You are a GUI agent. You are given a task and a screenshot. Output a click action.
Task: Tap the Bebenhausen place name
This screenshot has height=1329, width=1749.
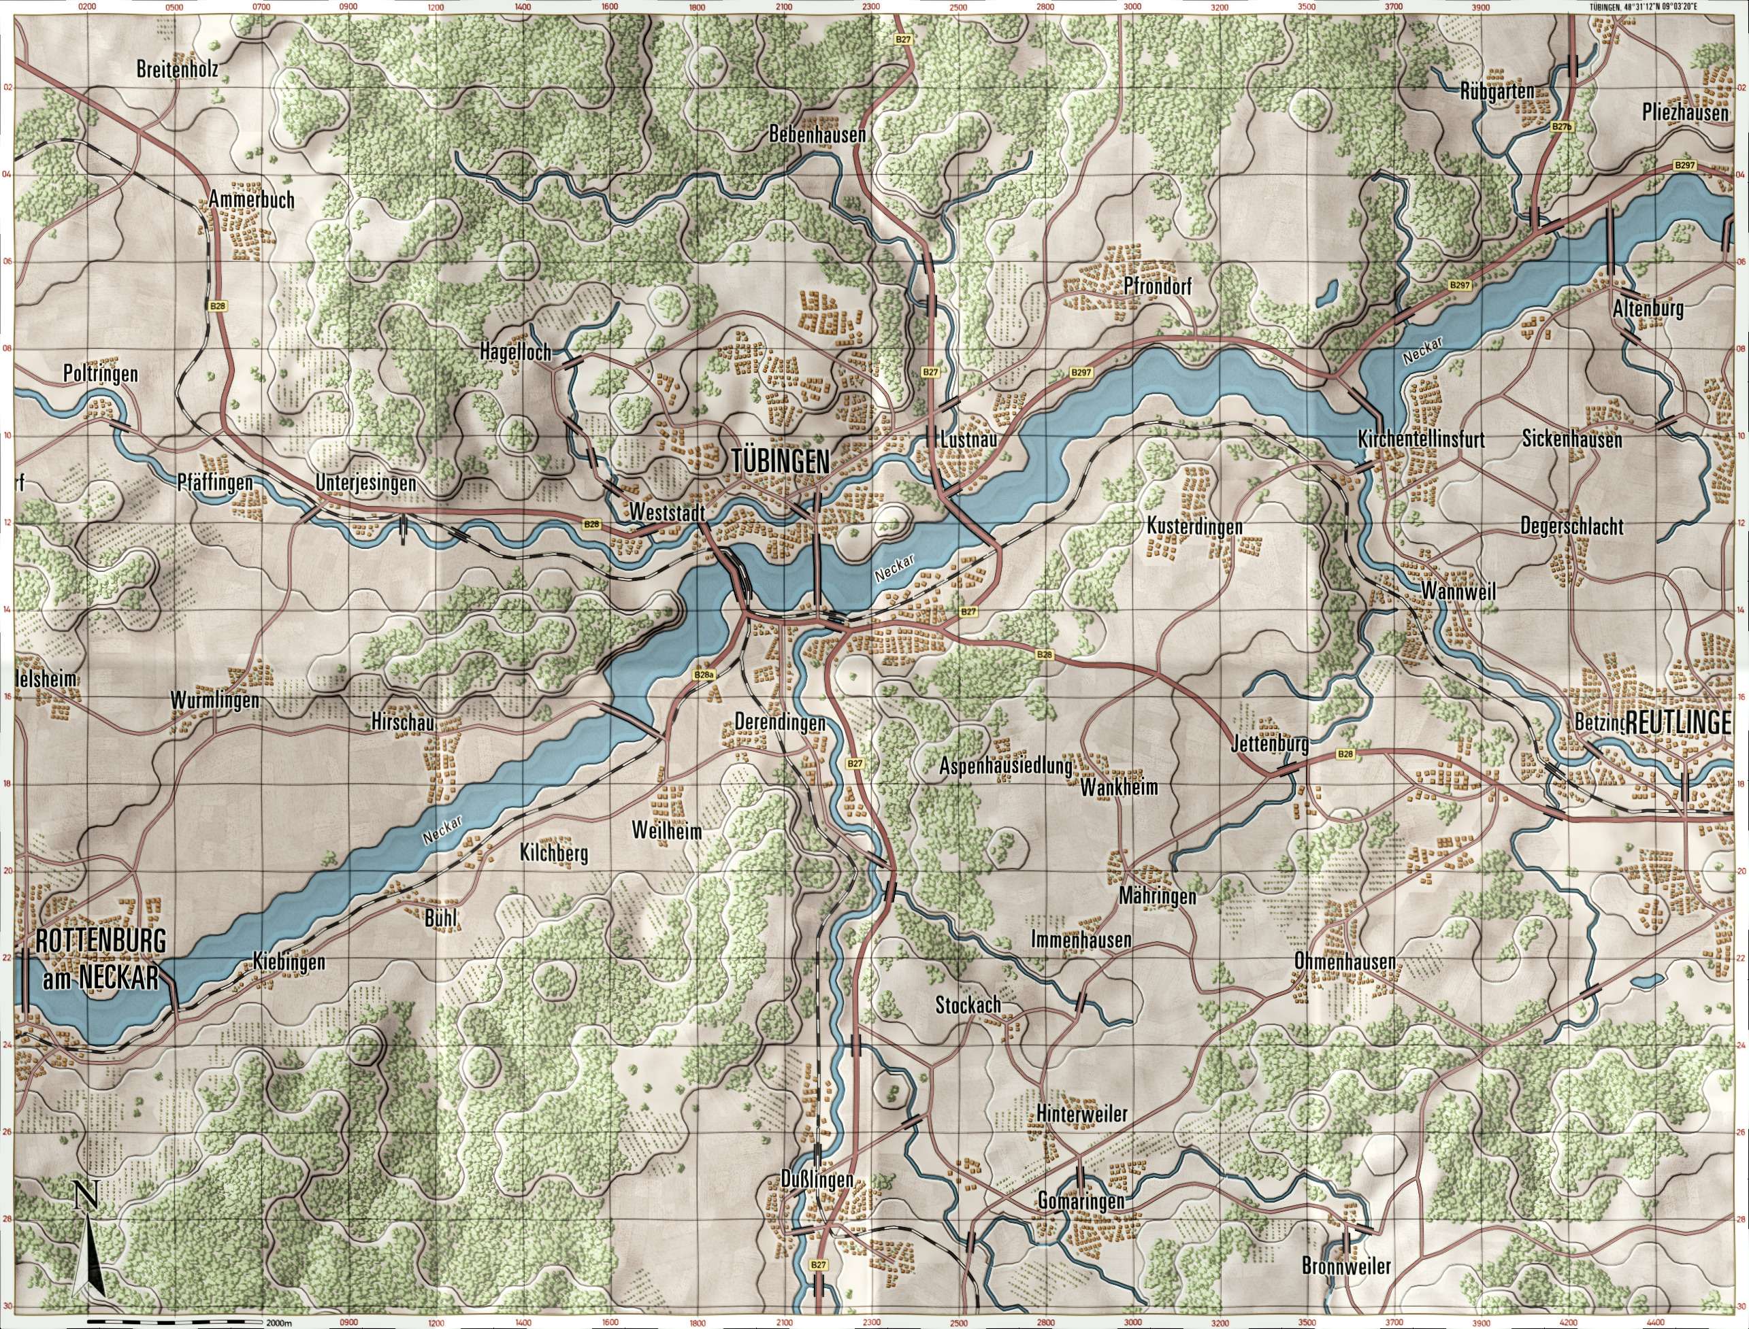(x=817, y=135)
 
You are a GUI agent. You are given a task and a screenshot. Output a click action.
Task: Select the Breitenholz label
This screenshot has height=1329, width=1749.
(x=176, y=69)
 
